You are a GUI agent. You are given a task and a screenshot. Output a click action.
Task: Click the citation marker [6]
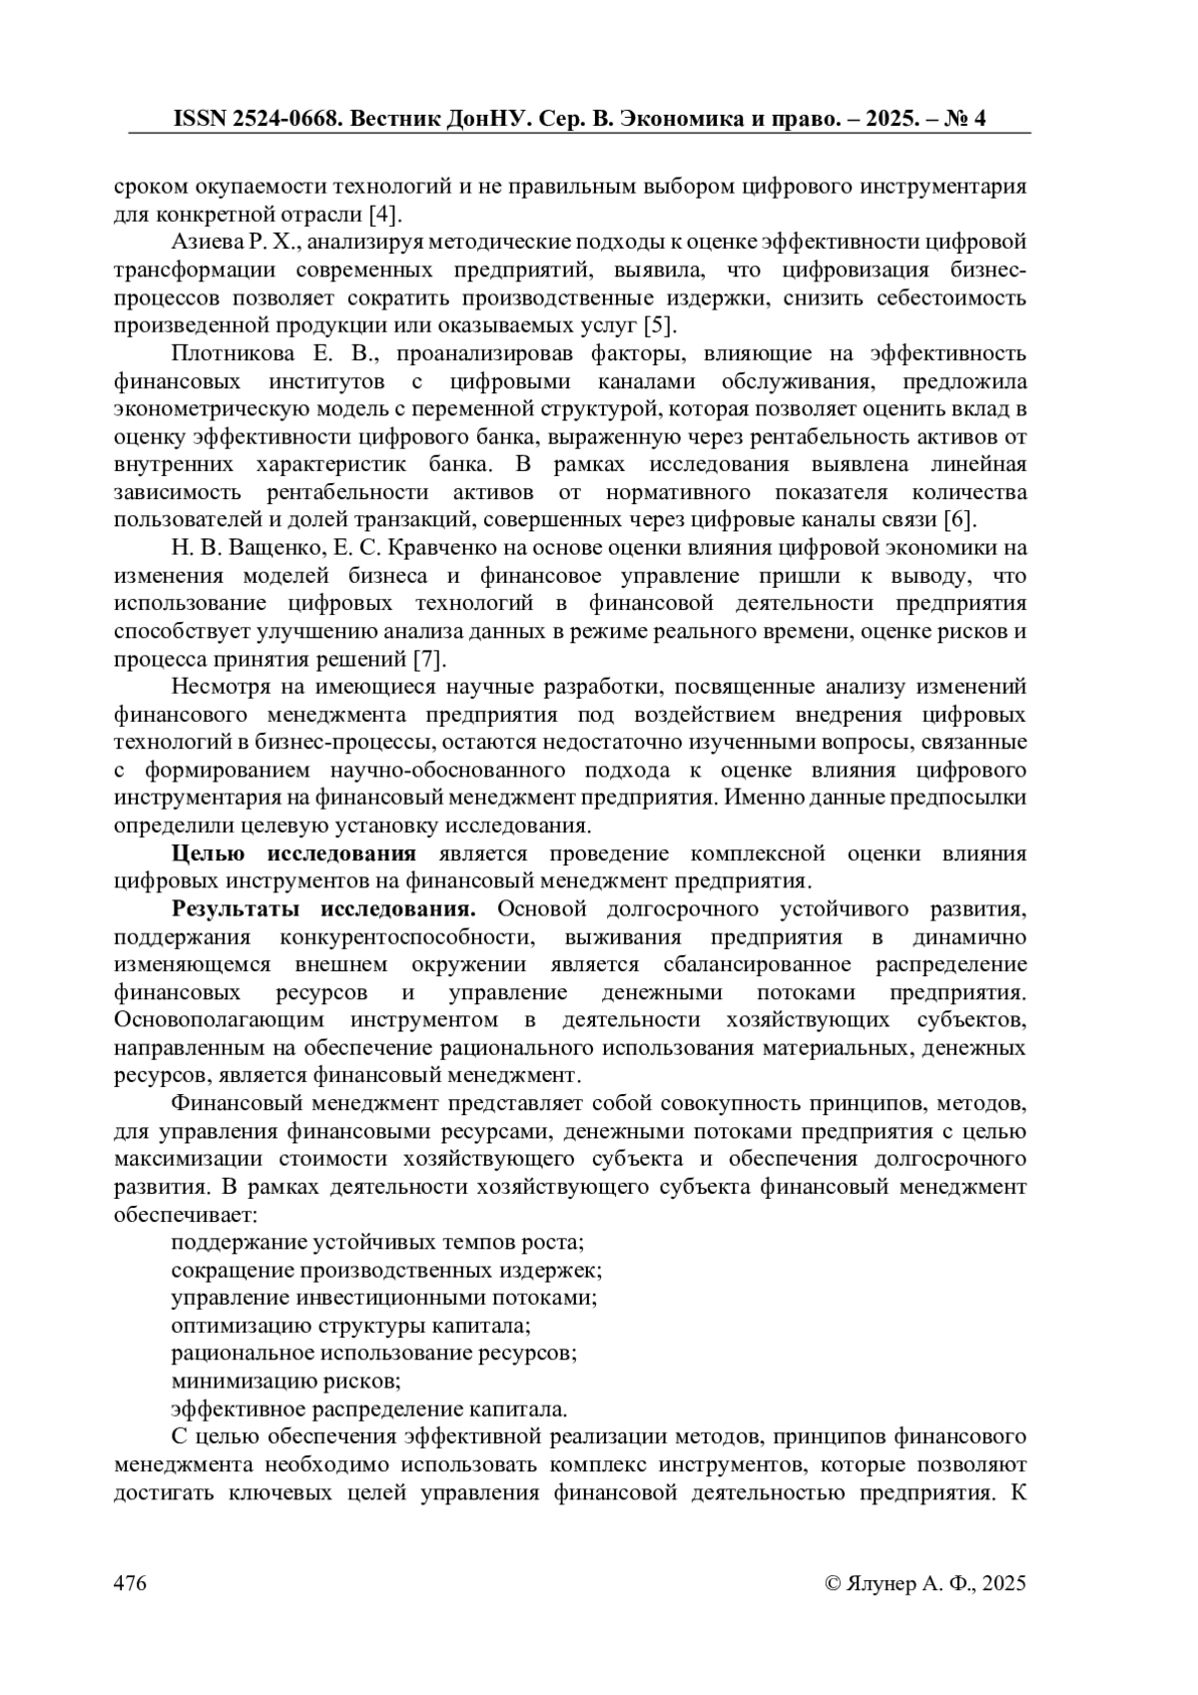click(959, 520)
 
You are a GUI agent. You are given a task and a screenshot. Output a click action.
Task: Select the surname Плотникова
click(234, 353)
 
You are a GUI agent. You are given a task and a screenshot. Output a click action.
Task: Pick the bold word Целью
click(208, 853)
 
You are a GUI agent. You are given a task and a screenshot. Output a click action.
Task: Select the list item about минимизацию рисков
click(286, 1382)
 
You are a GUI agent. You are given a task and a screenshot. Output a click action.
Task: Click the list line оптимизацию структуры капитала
click(350, 1326)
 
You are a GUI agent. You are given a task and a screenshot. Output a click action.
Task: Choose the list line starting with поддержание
click(376, 1243)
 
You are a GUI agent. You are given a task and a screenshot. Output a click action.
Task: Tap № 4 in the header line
click(964, 119)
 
